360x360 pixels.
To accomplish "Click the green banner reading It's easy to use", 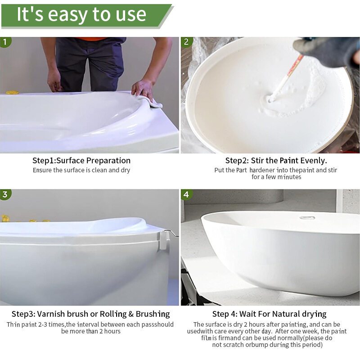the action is point(87,16).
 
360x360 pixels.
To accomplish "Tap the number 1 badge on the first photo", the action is point(5,42).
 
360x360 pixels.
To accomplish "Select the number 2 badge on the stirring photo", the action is point(186,42).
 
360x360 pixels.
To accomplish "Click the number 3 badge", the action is point(5,194).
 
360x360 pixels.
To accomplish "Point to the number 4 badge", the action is point(186,194).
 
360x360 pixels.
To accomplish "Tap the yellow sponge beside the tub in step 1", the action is point(13,93).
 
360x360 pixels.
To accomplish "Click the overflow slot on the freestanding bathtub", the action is point(307,217).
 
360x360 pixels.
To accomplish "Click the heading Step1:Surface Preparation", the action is point(81,160).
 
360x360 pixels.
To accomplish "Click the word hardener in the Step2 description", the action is point(262,170).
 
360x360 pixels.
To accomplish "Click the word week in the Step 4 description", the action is point(310,331).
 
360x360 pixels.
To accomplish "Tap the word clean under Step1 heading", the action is point(99,170).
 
